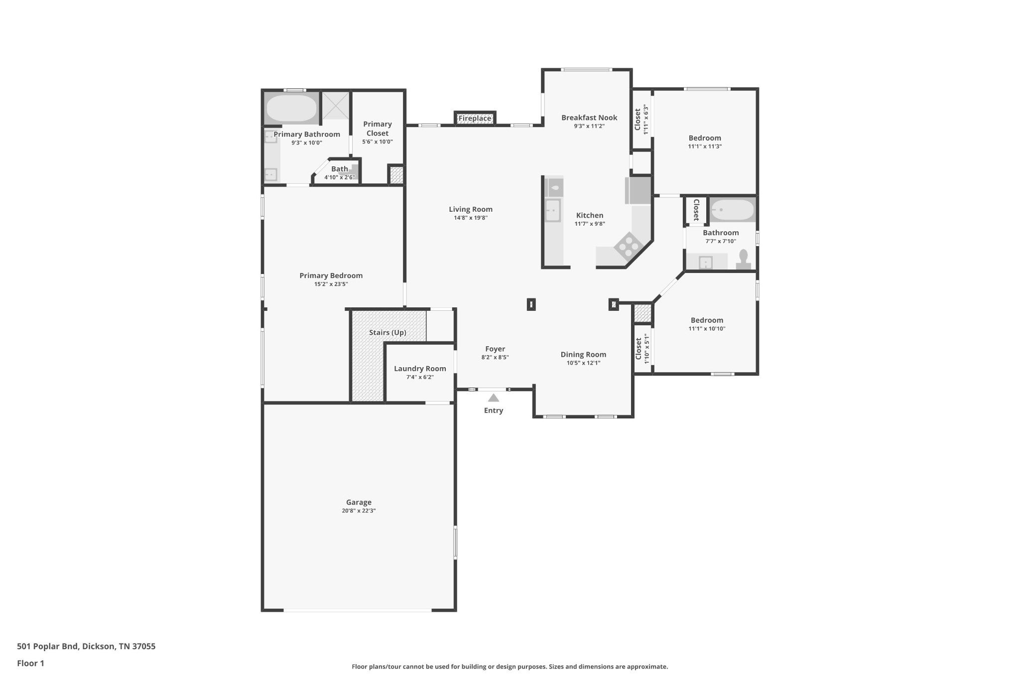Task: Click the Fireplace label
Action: pyautogui.click(x=475, y=119)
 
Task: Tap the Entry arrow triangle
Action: pyautogui.click(x=494, y=398)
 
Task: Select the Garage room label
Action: pyautogui.click(x=359, y=502)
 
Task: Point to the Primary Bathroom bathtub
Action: pyautogui.click(x=291, y=108)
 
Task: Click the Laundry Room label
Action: pyautogui.click(x=420, y=369)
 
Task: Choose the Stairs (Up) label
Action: pyautogui.click(x=387, y=332)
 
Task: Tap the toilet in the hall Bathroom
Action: pyautogui.click(x=743, y=260)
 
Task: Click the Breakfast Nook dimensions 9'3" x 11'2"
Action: pyautogui.click(x=589, y=126)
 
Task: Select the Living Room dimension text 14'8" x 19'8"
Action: pyautogui.click(x=471, y=218)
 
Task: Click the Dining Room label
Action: pyautogui.click(x=583, y=354)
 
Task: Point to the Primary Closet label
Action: pyautogui.click(x=377, y=129)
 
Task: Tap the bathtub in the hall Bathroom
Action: pyautogui.click(x=732, y=210)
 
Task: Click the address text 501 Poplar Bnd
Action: pyautogui.click(x=47, y=647)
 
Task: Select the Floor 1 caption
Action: pyautogui.click(x=30, y=663)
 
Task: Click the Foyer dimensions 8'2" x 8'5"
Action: pyautogui.click(x=495, y=357)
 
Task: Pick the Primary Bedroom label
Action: pyautogui.click(x=331, y=275)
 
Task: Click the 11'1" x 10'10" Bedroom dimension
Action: pyautogui.click(x=707, y=329)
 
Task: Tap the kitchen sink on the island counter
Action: pyautogui.click(x=553, y=210)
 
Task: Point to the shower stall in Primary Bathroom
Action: pyautogui.click(x=335, y=106)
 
